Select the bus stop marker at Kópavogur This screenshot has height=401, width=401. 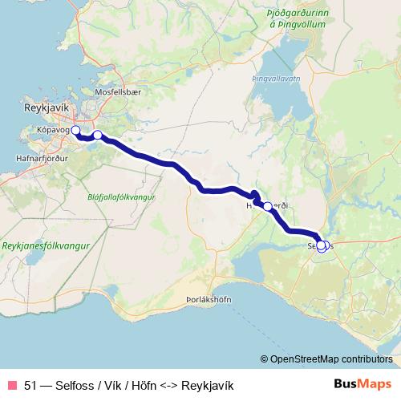[75, 130]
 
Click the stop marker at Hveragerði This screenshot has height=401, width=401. [267, 206]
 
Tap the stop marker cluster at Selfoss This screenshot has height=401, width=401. [322, 246]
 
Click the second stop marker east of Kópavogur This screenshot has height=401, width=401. [97, 136]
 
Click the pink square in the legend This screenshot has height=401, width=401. [11, 384]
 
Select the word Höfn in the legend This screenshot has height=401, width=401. [144, 384]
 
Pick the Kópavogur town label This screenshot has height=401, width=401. [48, 128]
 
